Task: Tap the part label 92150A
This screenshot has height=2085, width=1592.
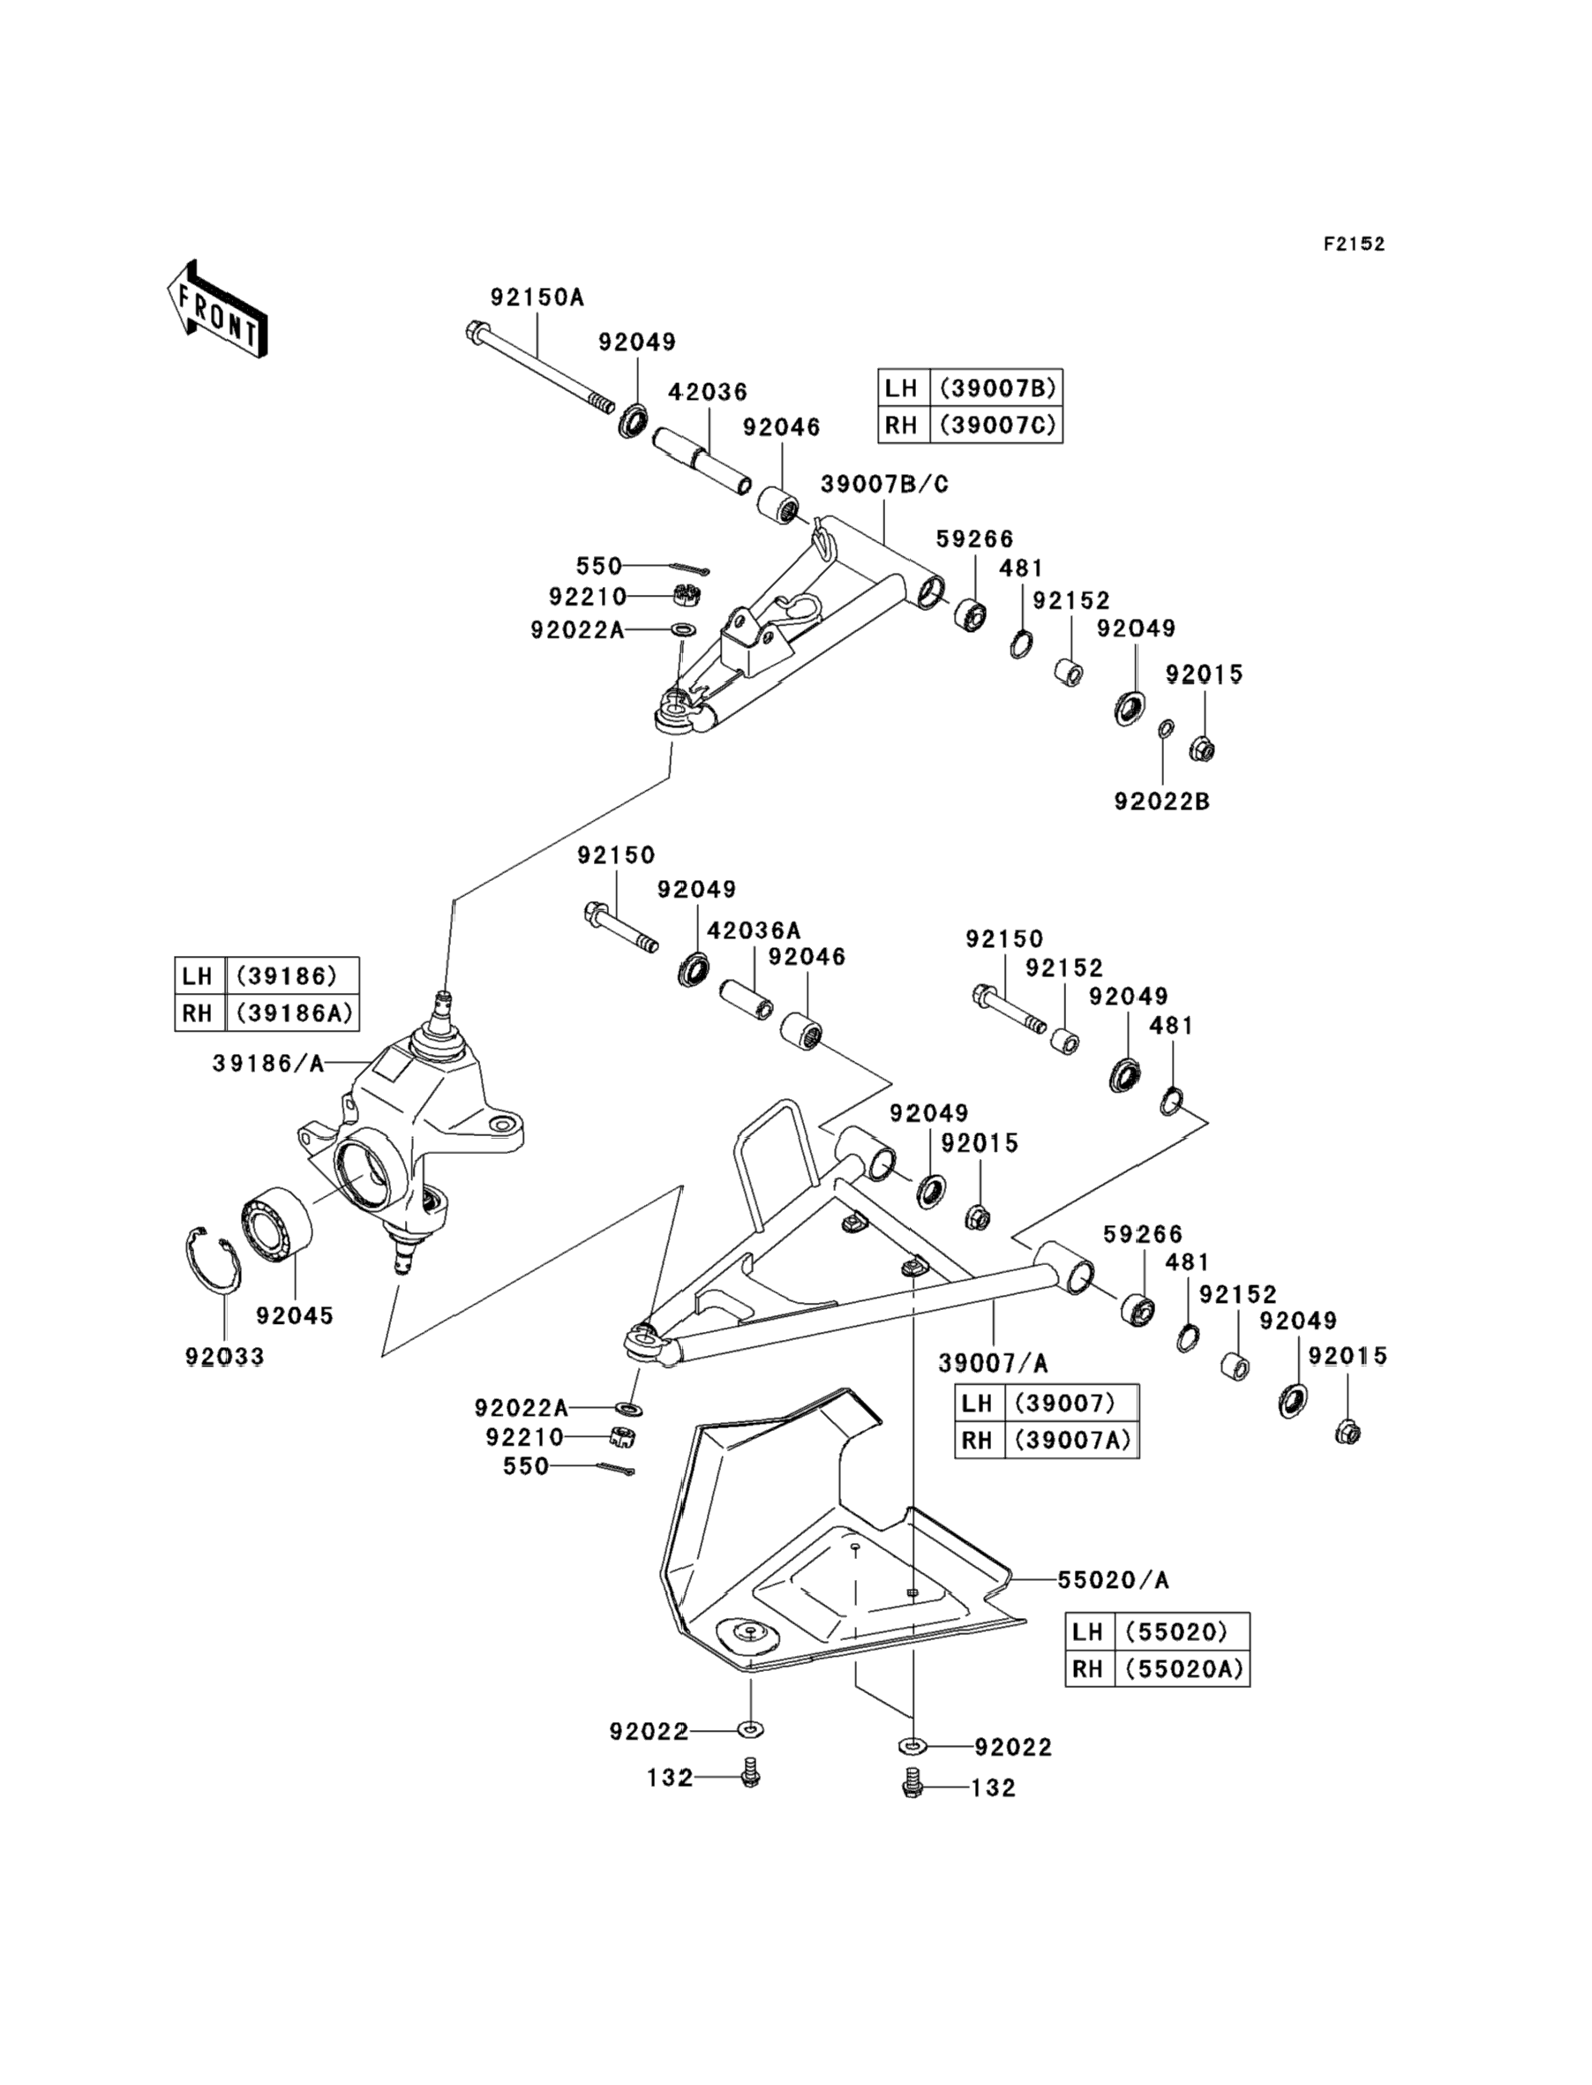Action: [x=537, y=297]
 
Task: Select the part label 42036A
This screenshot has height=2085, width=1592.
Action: [x=754, y=930]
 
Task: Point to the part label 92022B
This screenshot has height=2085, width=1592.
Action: [x=1161, y=801]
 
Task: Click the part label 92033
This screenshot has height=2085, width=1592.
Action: [x=224, y=1356]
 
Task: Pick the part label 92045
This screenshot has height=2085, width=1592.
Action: [x=295, y=1315]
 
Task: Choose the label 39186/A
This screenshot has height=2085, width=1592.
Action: [x=268, y=1065]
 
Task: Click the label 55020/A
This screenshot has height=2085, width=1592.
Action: [x=1113, y=1580]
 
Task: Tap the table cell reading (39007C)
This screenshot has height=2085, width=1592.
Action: [x=997, y=425]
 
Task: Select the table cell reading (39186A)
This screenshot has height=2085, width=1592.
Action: [x=294, y=1012]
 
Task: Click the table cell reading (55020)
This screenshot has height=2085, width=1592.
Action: [x=1175, y=1631]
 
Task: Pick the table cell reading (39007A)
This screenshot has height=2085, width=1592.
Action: [x=1071, y=1440]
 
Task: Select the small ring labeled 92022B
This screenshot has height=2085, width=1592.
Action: [x=1167, y=728]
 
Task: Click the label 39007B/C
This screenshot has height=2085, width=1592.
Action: [x=884, y=485]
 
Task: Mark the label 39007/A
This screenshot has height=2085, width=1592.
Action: [x=992, y=1363]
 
